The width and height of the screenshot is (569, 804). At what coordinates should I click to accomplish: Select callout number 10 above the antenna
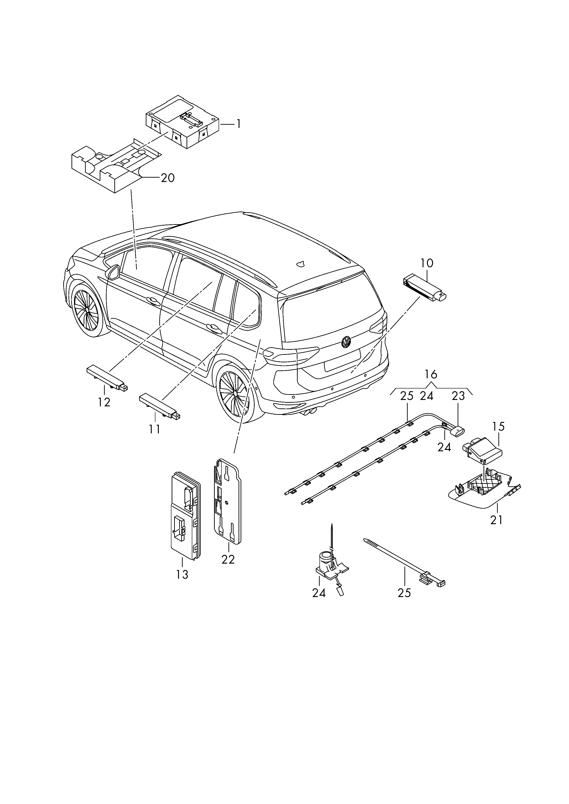[x=427, y=263]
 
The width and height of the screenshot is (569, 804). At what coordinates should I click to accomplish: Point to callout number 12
[x=104, y=402]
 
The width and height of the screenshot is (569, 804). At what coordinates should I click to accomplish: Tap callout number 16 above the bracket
[x=431, y=374]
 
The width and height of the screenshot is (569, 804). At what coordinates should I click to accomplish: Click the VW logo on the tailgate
[x=346, y=342]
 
